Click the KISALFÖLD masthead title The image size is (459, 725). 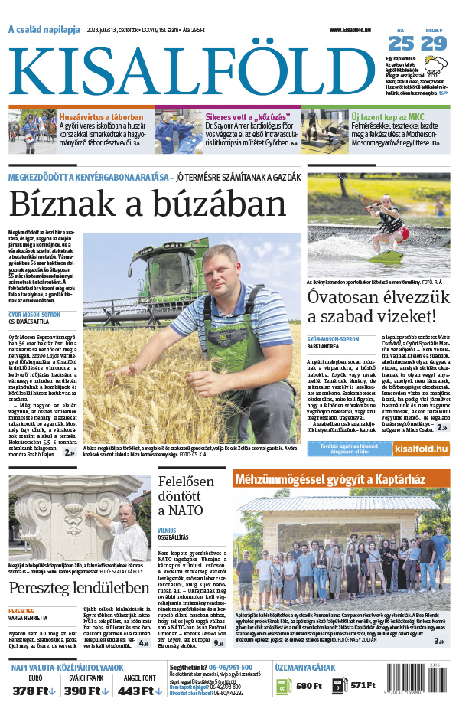click(x=195, y=69)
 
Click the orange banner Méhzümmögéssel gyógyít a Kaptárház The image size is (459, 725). click(x=340, y=480)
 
